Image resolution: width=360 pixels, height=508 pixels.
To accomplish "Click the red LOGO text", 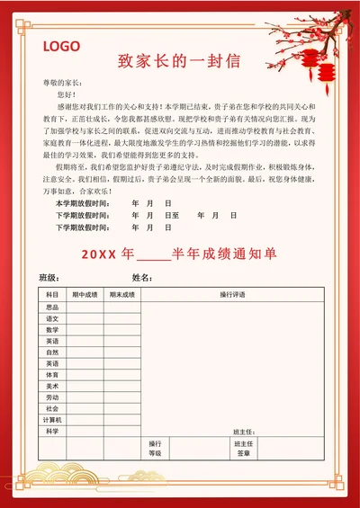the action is click(x=61, y=47).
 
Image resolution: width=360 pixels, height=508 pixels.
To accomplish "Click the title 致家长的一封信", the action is click(x=179, y=61).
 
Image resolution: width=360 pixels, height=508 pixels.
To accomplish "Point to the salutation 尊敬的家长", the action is click(x=63, y=82).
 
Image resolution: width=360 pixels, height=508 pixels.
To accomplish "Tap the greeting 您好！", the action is click(x=67, y=94).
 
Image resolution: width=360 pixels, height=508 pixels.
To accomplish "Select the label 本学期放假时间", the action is click(x=82, y=203).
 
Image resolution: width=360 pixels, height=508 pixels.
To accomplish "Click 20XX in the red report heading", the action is click(x=99, y=254).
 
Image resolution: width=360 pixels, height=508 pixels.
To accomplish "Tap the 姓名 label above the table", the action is click(x=141, y=276).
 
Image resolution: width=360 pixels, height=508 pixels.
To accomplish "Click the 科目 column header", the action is click(x=52, y=295).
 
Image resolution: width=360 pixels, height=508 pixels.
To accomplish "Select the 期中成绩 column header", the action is click(x=85, y=295).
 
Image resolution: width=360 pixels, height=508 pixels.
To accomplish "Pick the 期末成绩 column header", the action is click(x=121, y=295).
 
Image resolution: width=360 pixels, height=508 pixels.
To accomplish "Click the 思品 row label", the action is click(x=52, y=307).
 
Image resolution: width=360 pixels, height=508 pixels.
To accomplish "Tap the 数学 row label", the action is click(x=52, y=329).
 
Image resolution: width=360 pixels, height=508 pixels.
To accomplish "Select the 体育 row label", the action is click(x=52, y=374).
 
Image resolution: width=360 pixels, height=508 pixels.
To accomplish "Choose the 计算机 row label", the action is click(x=52, y=420).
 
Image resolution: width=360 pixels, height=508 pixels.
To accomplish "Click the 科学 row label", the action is click(x=52, y=432).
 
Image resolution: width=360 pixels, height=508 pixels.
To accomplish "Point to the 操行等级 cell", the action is click(x=155, y=448).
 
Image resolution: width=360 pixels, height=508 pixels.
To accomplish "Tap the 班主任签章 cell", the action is click(x=244, y=448).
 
